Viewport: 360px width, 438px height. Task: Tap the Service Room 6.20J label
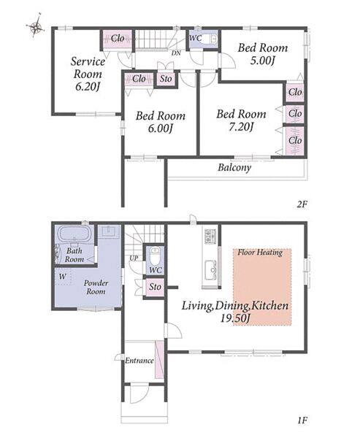[x=88, y=74]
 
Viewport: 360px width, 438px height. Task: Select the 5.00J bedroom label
[x=263, y=53]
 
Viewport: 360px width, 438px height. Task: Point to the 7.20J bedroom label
[x=241, y=120]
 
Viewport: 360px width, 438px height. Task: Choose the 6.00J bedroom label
[x=161, y=122]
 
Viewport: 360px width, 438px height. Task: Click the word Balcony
[x=234, y=168]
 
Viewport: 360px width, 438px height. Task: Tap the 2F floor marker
[x=302, y=204]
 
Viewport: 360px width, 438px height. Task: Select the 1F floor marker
[x=302, y=420]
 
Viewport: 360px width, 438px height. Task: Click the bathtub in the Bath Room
[x=74, y=234]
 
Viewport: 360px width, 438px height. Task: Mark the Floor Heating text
[x=260, y=253]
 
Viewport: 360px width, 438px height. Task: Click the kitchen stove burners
[x=210, y=236]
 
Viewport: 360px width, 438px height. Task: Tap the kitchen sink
[x=210, y=270]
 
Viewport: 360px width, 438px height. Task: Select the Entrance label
[x=139, y=361]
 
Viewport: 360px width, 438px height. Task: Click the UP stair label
[x=134, y=258]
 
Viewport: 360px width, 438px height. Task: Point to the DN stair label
[x=176, y=53]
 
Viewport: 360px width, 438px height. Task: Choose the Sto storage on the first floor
[x=155, y=287]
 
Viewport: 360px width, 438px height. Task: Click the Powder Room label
[x=96, y=287]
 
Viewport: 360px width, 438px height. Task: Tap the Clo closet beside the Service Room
[x=118, y=38]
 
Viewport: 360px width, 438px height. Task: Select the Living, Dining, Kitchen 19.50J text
[x=235, y=311]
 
